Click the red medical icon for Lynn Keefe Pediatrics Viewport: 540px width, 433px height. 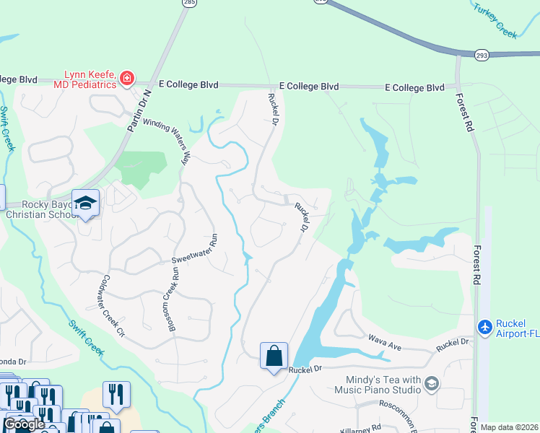tap(127, 77)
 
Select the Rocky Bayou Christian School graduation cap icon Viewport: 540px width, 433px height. tap(85, 203)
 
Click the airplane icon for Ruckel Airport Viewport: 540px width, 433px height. tap(484, 327)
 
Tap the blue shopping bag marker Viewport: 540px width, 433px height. tap(274, 356)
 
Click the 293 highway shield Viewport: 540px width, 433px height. tap(482, 55)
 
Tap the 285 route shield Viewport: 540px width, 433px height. tap(189, 3)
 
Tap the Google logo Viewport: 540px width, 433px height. tap(24, 424)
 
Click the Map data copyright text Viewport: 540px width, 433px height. tap(510, 427)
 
